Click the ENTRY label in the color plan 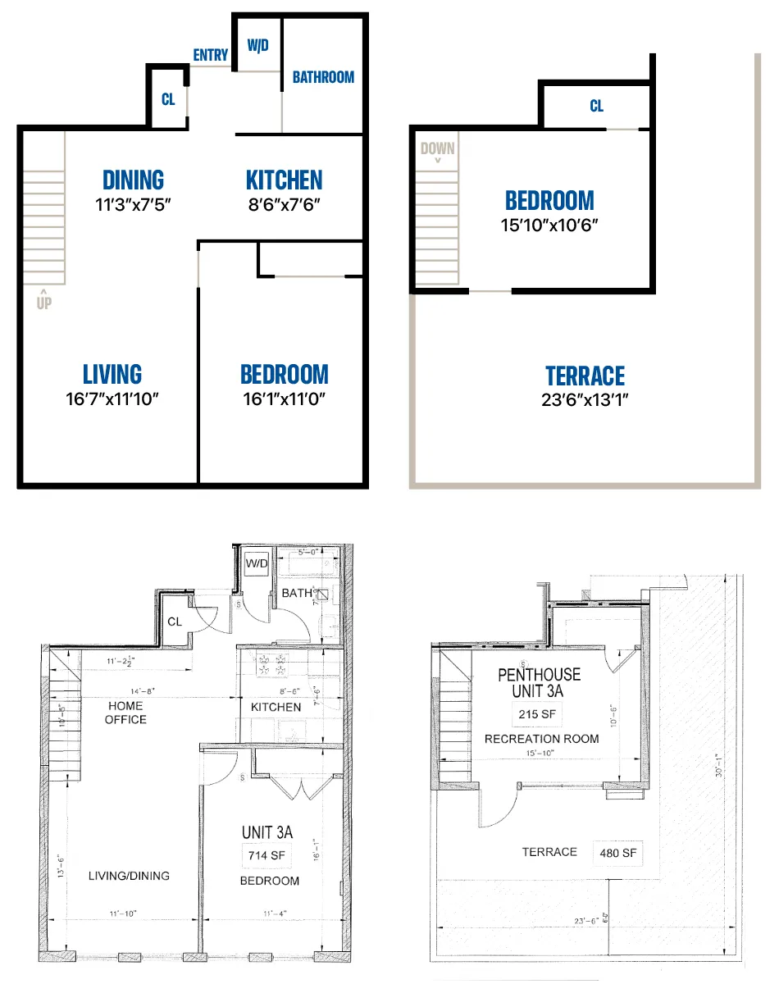tap(211, 55)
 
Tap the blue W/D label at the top tap(257, 45)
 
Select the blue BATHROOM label tap(323, 77)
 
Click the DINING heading tap(133, 180)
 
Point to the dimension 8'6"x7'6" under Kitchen tap(284, 204)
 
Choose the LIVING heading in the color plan tap(112, 375)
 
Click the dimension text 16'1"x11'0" tap(284, 399)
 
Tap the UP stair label tap(43, 303)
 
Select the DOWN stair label tap(437, 149)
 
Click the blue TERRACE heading tap(585, 376)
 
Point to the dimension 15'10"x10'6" tap(549, 225)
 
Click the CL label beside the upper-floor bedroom tap(596, 107)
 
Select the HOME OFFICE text tap(125, 713)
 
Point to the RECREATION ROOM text tap(541, 739)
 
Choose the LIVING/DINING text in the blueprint tap(129, 876)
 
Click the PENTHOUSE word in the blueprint tap(539, 675)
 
